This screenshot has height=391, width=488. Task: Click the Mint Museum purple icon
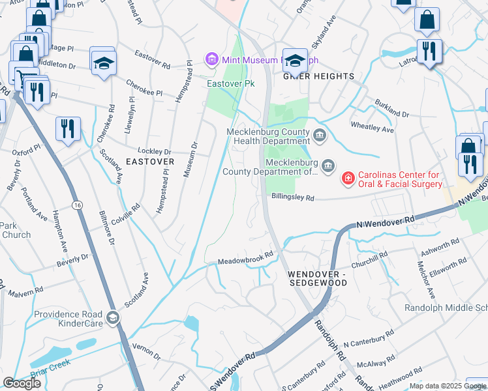211,60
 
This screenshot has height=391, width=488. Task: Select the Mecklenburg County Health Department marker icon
320,136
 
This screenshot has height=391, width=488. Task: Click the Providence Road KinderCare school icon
114,317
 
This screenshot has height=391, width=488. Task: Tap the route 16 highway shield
78,205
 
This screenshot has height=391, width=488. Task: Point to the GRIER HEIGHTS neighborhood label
318,76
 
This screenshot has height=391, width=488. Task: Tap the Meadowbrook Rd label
245,257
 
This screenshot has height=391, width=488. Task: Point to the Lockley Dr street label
140,149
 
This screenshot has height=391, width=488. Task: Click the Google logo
22,383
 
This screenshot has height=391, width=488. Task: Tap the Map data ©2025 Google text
448,386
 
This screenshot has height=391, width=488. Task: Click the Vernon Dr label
146,348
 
